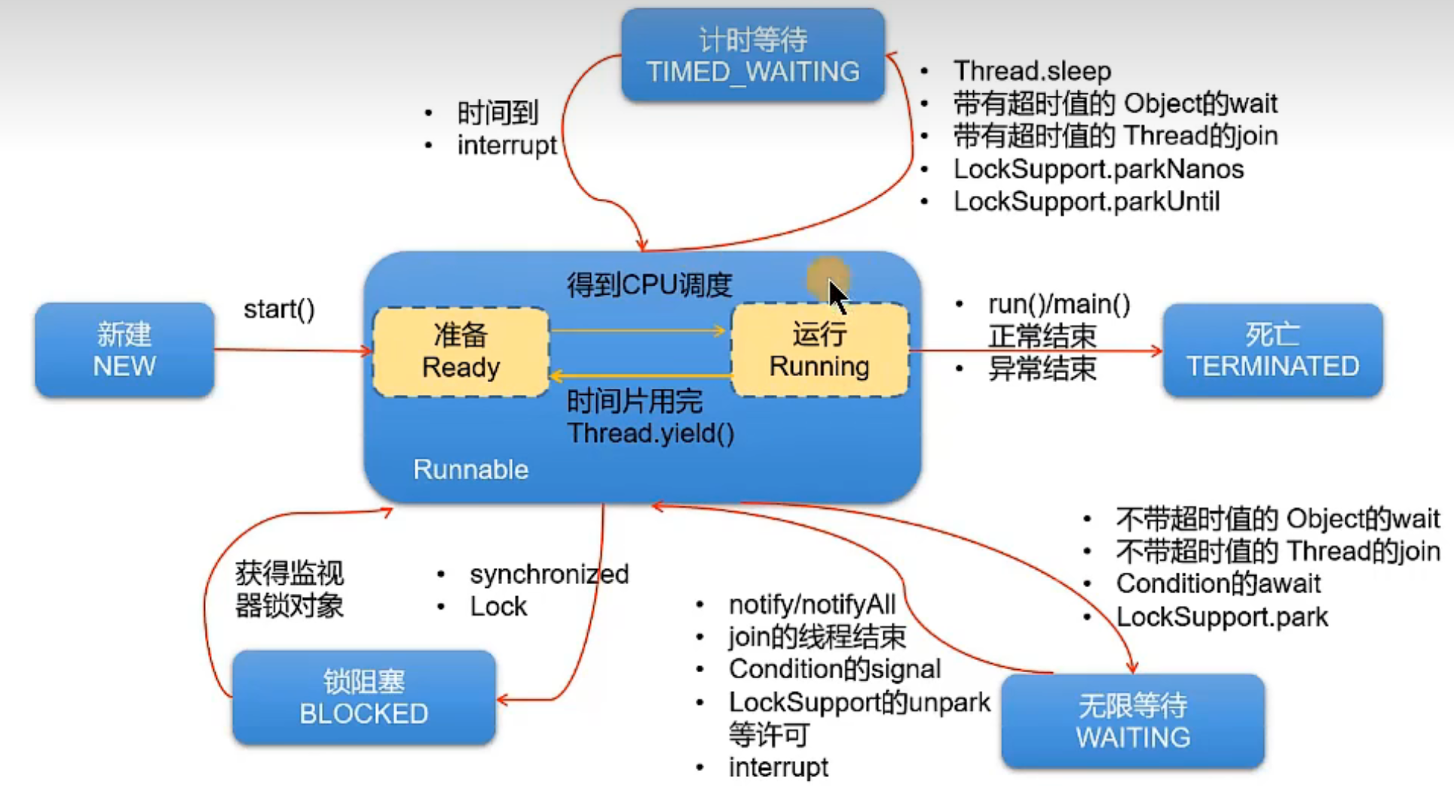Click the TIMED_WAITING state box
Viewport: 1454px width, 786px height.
click(x=752, y=56)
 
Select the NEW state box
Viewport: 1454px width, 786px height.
click(x=124, y=350)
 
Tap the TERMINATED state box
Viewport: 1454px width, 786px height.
click(x=1272, y=350)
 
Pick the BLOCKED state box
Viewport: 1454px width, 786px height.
click(x=363, y=698)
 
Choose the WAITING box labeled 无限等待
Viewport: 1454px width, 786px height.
click(x=1132, y=721)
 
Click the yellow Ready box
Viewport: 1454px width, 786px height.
click(x=461, y=352)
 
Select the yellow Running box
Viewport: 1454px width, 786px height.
click(x=819, y=350)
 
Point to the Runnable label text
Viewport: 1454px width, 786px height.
click(x=470, y=469)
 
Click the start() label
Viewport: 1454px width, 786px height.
click(x=279, y=309)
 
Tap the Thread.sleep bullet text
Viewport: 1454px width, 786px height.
click(x=1032, y=71)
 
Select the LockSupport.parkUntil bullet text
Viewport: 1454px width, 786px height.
click(x=1086, y=201)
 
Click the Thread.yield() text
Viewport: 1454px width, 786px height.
click(x=650, y=433)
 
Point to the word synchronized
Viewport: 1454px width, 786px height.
click(x=549, y=574)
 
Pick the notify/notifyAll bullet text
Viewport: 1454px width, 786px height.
click(x=812, y=604)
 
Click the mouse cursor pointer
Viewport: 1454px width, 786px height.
click(x=837, y=295)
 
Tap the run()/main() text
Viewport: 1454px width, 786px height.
click(x=1059, y=304)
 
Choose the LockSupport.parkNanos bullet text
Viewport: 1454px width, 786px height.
click(x=1098, y=169)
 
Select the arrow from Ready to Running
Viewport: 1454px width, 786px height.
click(x=638, y=330)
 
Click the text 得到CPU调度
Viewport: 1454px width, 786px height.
click(x=649, y=285)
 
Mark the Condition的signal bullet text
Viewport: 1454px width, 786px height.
click(x=834, y=669)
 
